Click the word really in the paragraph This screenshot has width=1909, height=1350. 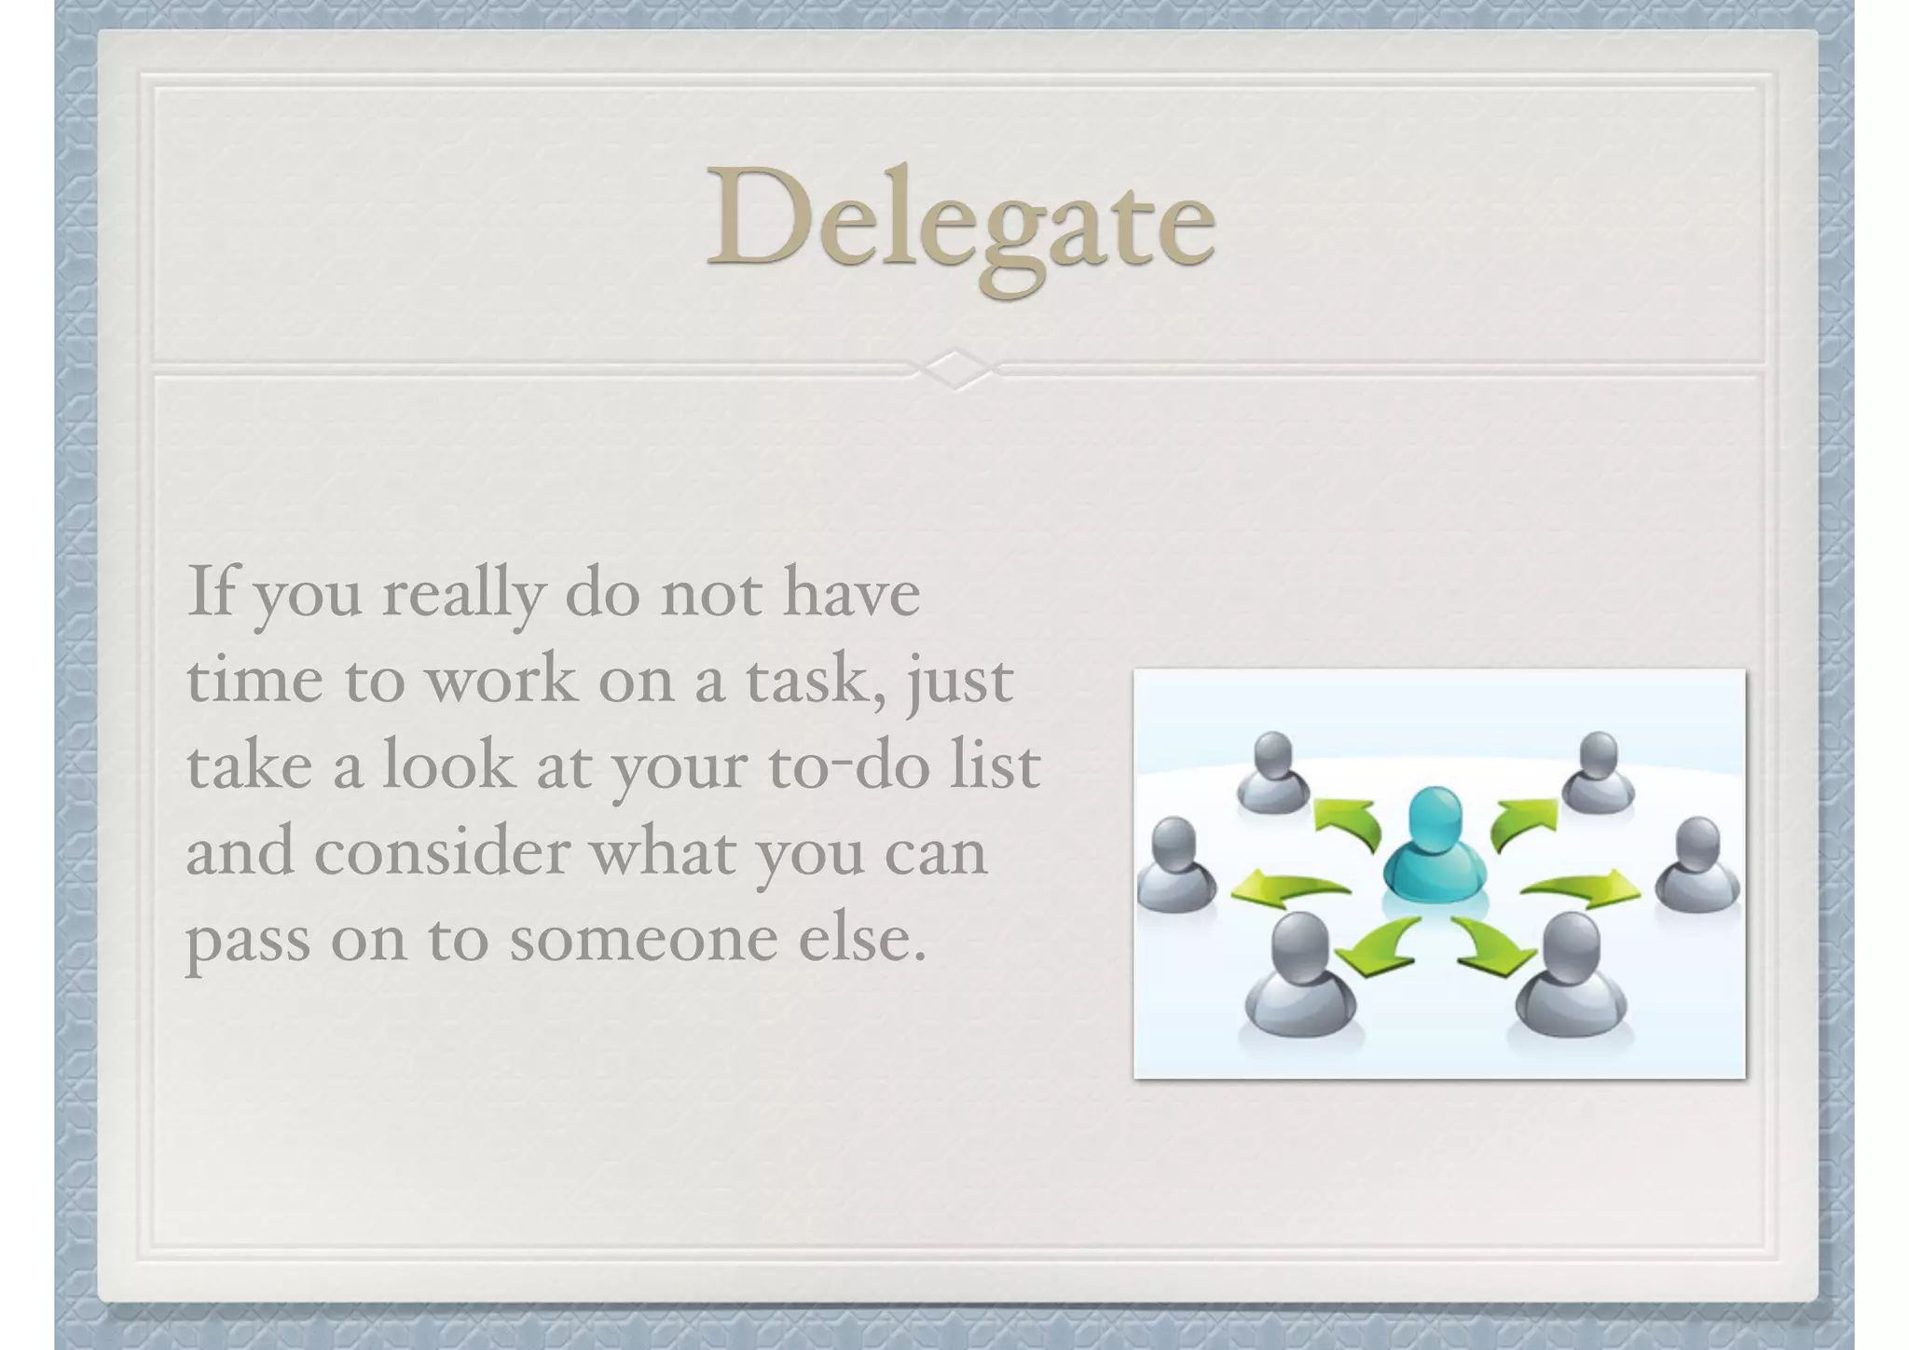462,594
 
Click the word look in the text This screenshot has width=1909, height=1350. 447,766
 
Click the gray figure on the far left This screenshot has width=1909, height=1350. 1175,866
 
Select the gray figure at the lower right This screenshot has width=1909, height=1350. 1571,978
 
